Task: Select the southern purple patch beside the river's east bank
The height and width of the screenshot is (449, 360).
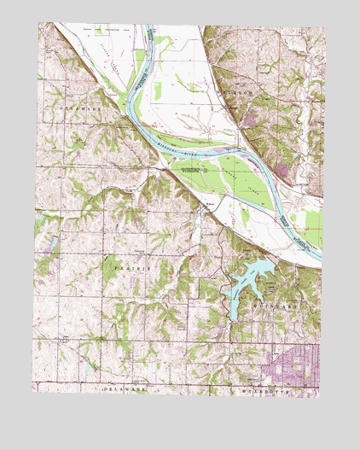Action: pos(284,172)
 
